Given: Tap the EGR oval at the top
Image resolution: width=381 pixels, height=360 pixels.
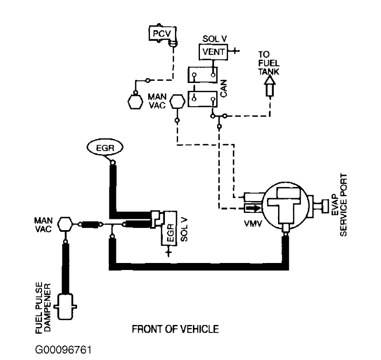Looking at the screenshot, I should tap(105, 148).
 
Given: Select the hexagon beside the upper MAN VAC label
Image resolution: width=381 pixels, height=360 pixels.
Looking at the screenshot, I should tap(177, 102).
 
